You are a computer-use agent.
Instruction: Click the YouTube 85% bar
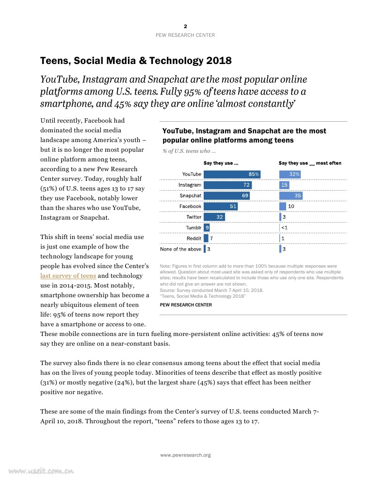232,174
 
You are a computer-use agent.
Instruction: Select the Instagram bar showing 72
227,185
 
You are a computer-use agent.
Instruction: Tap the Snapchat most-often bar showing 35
291,195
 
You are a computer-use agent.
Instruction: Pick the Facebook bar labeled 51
221,206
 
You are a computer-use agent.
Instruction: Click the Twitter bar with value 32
214,217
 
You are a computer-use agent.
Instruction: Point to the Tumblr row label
194,227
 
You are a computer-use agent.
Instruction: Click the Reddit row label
194,238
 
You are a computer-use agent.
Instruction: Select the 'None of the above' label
180,249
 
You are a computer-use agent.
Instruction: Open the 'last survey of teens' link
68,276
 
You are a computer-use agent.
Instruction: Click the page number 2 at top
185,26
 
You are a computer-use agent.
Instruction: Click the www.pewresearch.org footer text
185,455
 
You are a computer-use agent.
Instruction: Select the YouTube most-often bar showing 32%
290,174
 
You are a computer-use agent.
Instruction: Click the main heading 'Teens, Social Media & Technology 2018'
136,61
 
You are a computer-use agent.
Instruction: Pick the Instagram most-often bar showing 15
284,185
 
